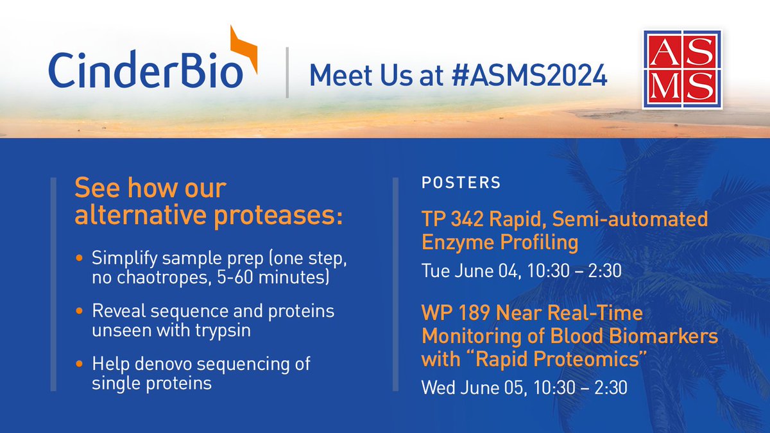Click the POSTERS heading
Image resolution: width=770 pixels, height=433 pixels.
[x=461, y=182]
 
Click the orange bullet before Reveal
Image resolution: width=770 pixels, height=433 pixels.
[x=79, y=311]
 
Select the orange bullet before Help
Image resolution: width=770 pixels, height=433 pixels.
[x=79, y=364]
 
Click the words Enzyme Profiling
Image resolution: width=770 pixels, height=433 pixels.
[x=500, y=242]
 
